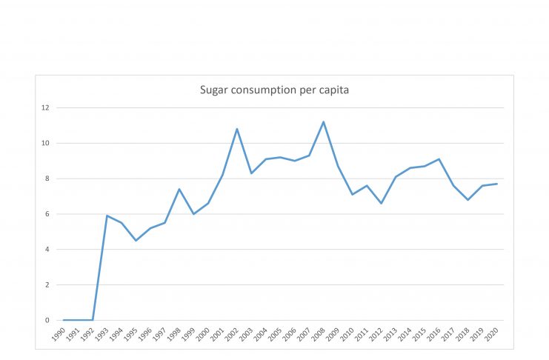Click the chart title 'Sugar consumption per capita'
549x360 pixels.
point(274,90)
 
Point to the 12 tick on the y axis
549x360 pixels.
point(45,107)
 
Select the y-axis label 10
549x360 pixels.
point(45,143)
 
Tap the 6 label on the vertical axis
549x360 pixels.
point(47,214)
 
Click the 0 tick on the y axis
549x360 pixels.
point(47,320)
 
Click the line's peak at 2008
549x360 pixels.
point(324,121)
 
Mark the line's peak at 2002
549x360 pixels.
point(237,129)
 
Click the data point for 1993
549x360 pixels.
point(107,216)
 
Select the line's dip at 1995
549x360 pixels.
point(136,241)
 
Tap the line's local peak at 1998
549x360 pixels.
point(179,189)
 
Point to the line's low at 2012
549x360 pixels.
point(382,203)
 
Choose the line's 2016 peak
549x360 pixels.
point(439,159)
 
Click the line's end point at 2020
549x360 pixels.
point(497,184)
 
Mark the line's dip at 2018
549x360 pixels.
point(468,200)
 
